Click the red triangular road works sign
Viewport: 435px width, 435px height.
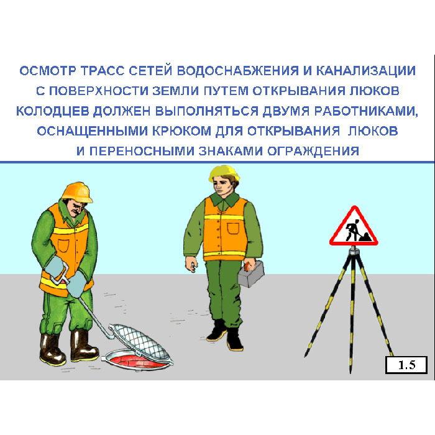354,228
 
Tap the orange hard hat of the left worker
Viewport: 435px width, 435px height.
77,192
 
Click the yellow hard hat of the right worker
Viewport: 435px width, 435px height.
224,173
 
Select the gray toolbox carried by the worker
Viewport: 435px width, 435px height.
251,275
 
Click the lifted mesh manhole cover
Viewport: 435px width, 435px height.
140,342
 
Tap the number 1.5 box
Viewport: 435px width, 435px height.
406,365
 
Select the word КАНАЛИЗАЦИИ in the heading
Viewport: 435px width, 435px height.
366,71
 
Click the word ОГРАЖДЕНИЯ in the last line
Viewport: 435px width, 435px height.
313,151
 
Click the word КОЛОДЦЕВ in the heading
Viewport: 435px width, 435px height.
53,111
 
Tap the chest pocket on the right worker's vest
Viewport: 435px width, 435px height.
233,229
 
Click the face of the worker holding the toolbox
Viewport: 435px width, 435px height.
222,187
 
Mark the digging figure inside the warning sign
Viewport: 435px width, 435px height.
355,231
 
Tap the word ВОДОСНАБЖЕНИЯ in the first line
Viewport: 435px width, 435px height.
238,71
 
